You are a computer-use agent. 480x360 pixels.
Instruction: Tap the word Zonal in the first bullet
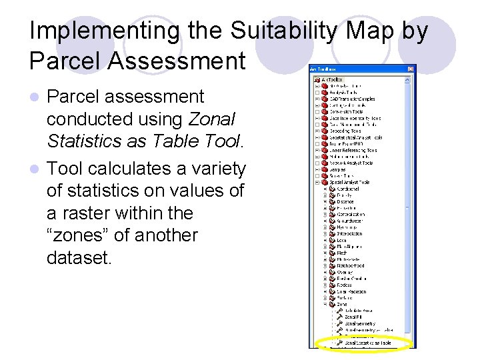click(212, 119)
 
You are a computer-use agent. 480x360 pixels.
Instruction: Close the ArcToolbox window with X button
click(411, 69)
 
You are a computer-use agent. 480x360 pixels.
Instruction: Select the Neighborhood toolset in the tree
click(351, 266)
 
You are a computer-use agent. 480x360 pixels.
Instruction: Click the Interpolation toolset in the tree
click(350, 234)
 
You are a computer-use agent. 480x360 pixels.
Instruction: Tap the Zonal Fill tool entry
click(353, 317)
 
